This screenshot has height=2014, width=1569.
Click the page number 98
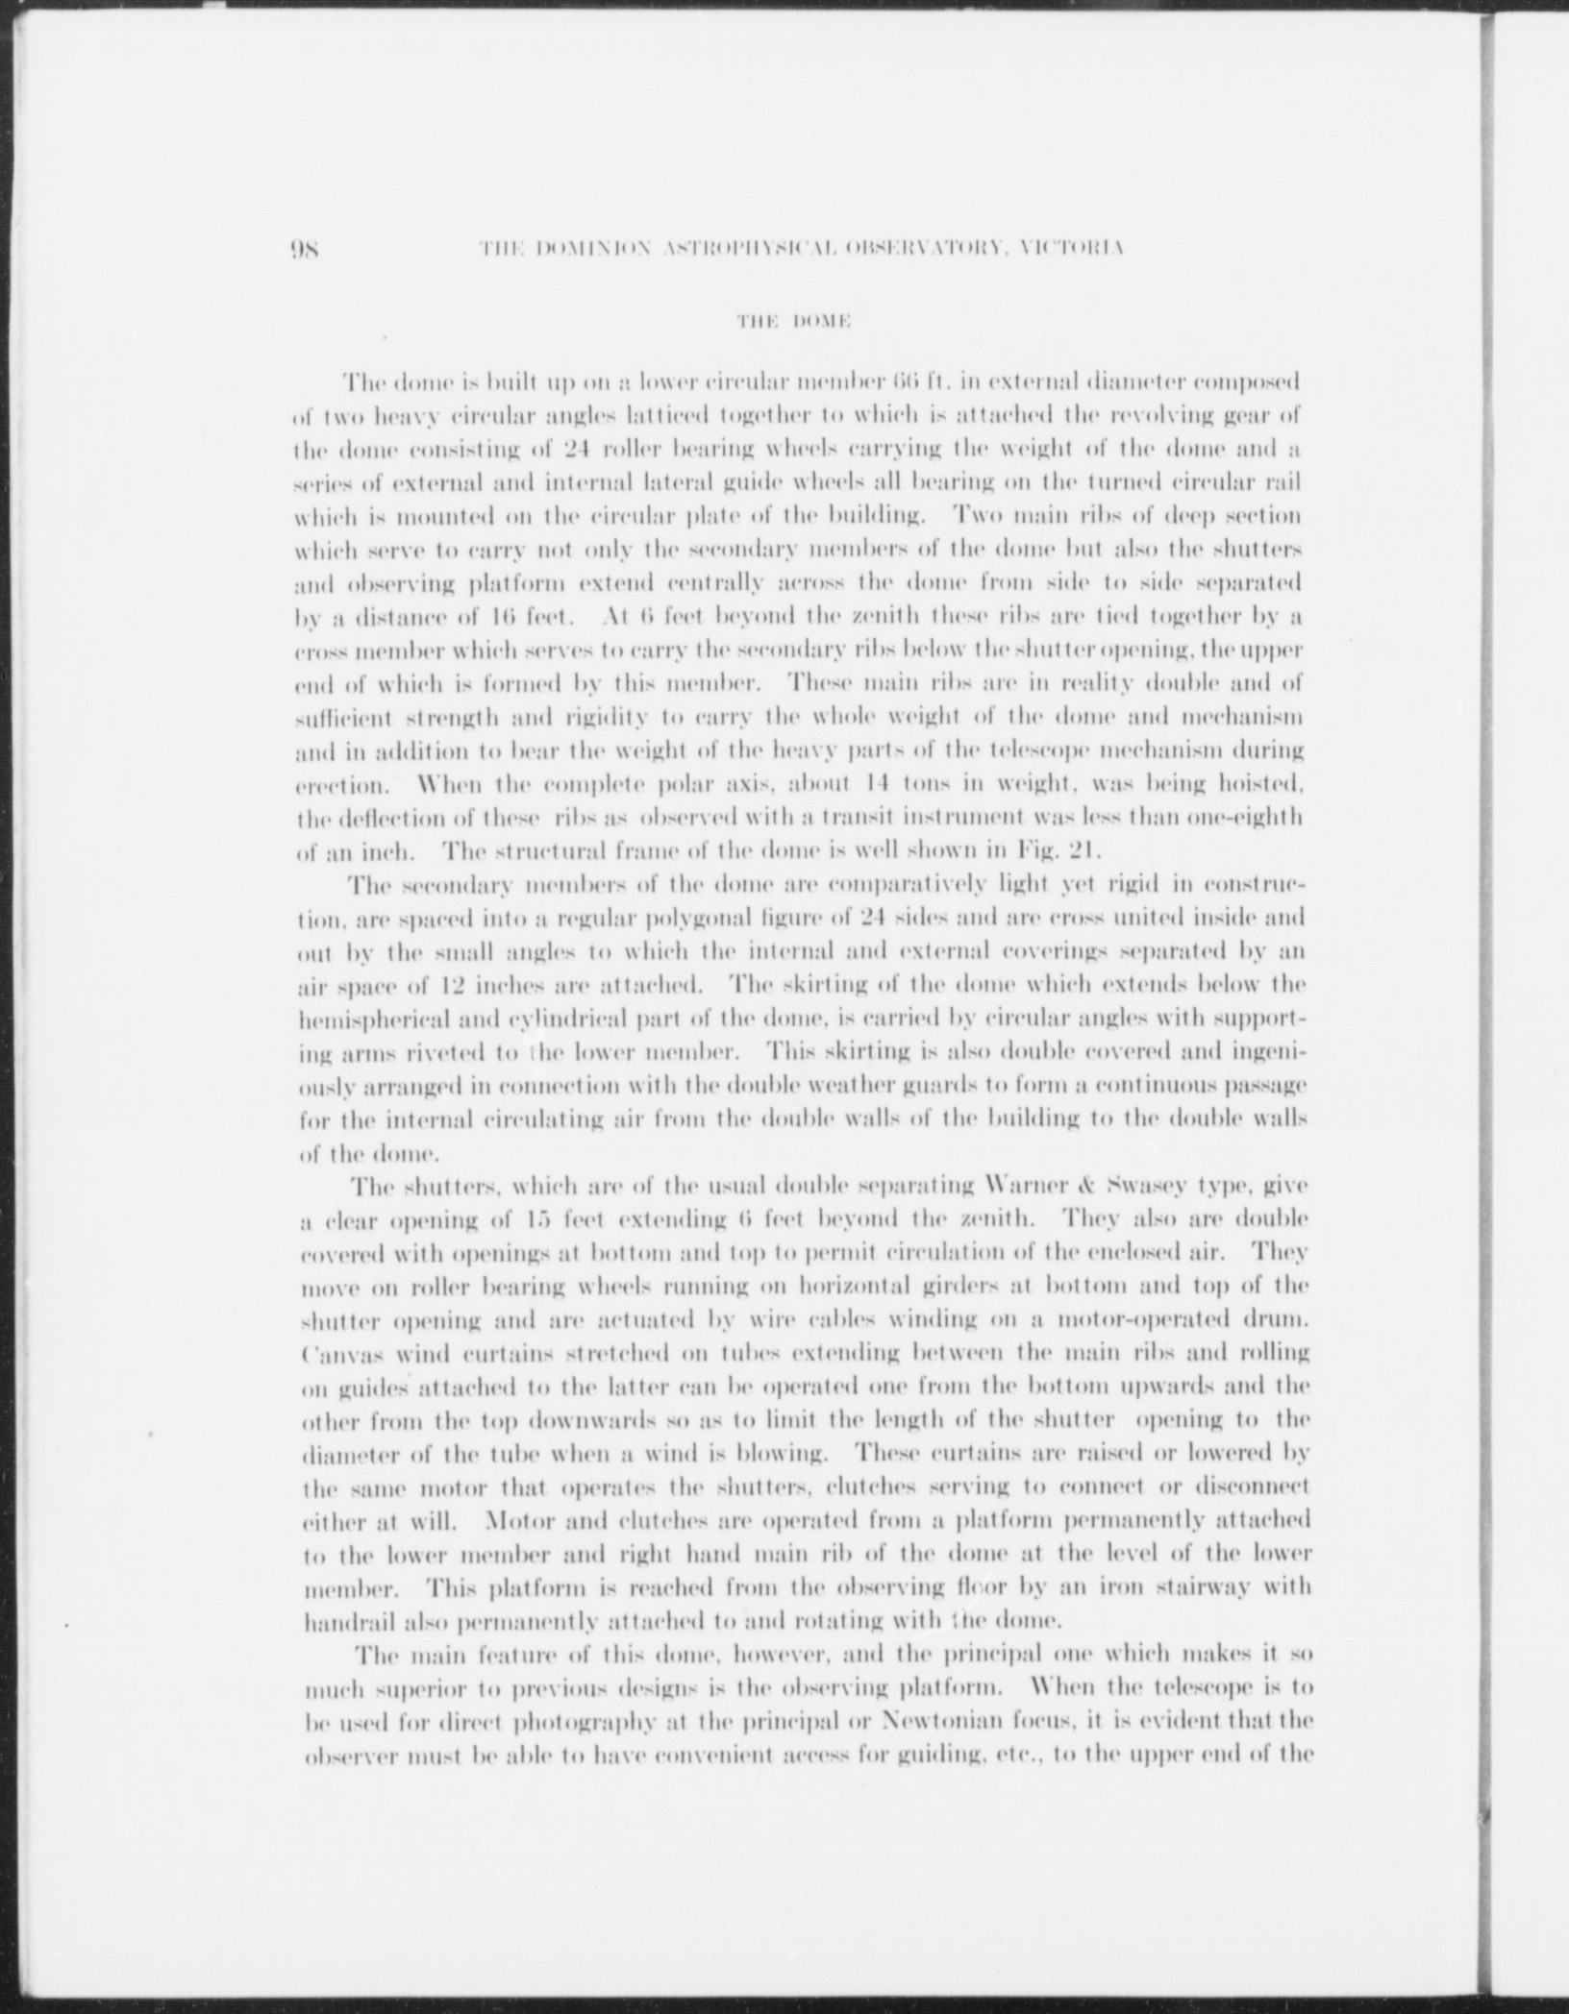pyautogui.click(x=311, y=249)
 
